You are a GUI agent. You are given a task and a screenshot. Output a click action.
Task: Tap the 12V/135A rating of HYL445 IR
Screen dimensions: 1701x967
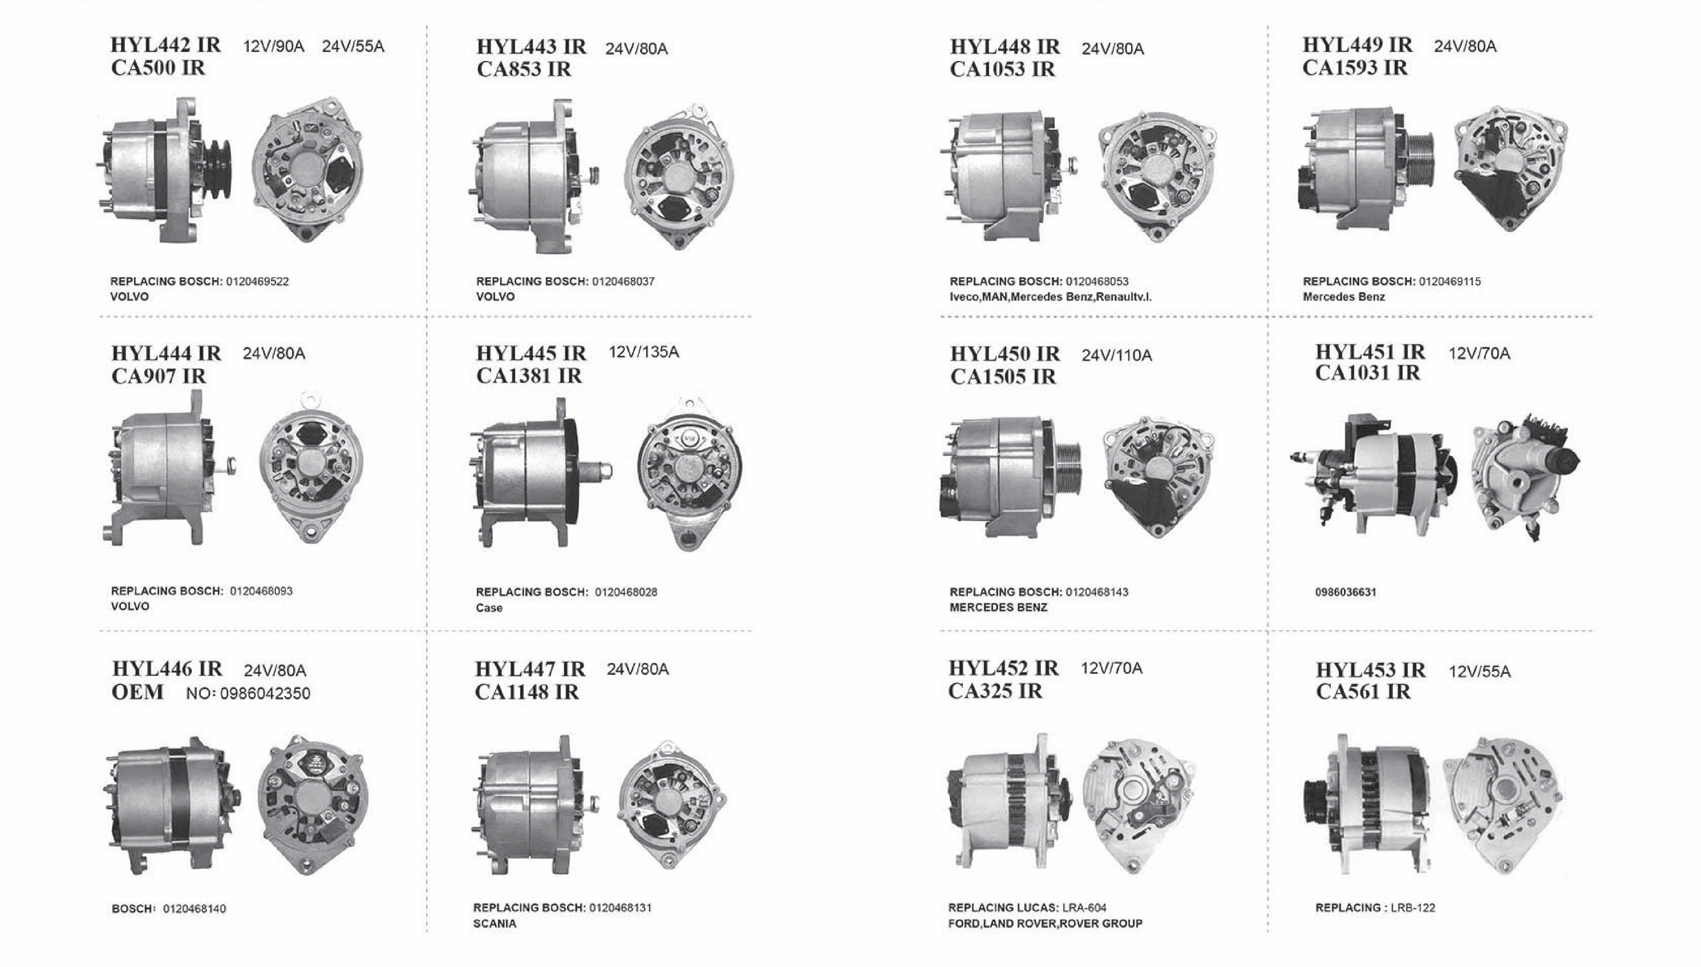pyautogui.click(x=643, y=352)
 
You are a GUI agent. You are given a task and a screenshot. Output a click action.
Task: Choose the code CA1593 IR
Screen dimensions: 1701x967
pyautogui.click(x=1355, y=68)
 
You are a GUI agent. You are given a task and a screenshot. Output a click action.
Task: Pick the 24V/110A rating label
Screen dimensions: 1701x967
pyautogui.click(x=1117, y=355)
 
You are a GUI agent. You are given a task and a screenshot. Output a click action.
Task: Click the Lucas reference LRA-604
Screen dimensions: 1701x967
pyautogui.click(x=1084, y=907)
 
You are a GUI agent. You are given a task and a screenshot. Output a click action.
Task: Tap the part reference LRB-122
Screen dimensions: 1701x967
pyautogui.click(x=1413, y=907)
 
